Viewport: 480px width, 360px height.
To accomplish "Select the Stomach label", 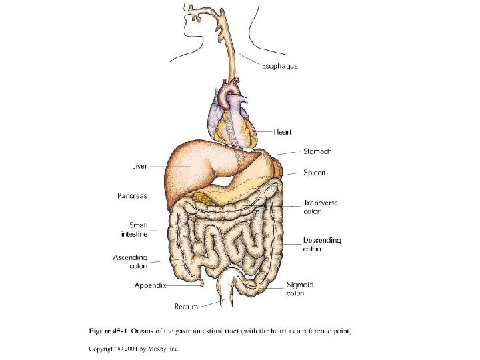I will click(317, 151).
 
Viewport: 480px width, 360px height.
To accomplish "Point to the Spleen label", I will click(315, 173).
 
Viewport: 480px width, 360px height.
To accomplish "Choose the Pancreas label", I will click(131, 196).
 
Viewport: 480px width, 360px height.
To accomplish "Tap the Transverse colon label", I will click(322, 207).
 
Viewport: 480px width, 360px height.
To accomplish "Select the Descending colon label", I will click(322, 245).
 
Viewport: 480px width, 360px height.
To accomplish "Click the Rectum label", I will click(186, 307).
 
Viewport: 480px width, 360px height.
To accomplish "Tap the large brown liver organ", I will click(190, 167).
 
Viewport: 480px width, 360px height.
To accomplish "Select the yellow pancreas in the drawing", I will click(204, 198).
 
